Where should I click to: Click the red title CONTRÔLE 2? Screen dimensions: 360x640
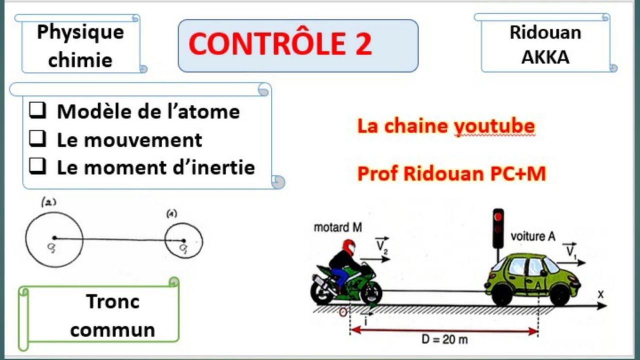(280, 44)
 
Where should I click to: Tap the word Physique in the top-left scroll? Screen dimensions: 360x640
(80, 32)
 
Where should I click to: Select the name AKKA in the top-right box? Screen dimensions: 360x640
(545, 57)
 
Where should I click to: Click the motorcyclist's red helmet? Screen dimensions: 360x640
(348, 247)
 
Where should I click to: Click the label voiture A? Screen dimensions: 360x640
(532, 236)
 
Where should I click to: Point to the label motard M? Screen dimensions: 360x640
(337, 228)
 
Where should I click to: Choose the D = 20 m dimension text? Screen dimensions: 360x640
(443, 340)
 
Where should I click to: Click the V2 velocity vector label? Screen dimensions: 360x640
(382, 245)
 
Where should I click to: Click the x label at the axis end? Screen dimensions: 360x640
(600, 294)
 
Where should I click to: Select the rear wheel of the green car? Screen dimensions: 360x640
(501, 295)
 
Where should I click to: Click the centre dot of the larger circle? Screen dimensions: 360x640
(54, 238)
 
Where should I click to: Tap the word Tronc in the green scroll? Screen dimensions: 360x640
(112, 301)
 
